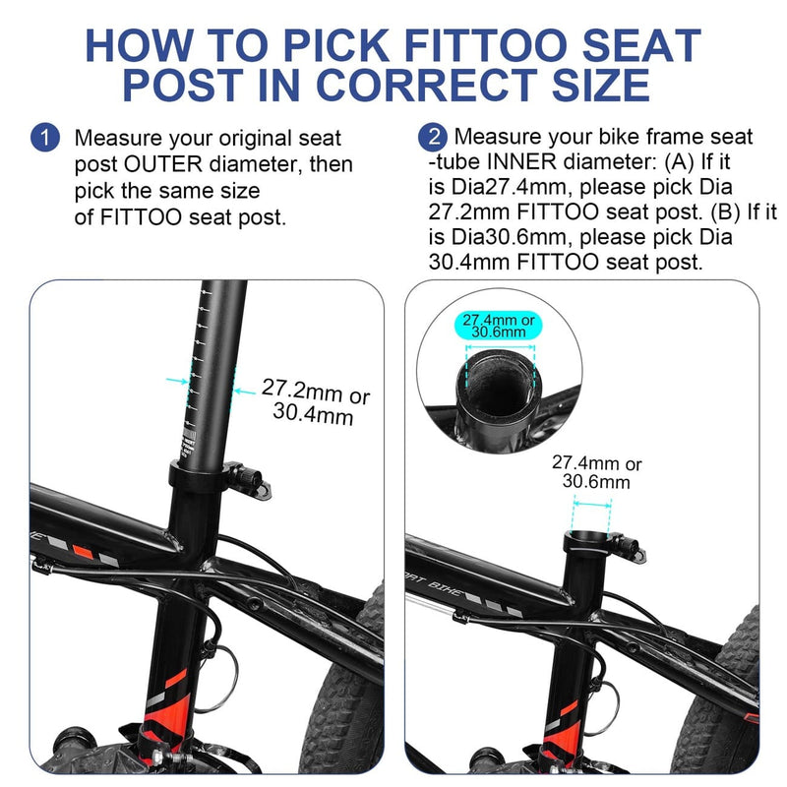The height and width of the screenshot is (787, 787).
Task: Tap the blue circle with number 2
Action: tap(432, 136)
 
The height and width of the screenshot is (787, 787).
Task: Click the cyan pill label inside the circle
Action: tap(499, 327)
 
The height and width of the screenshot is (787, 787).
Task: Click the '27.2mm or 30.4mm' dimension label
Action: tap(315, 403)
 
